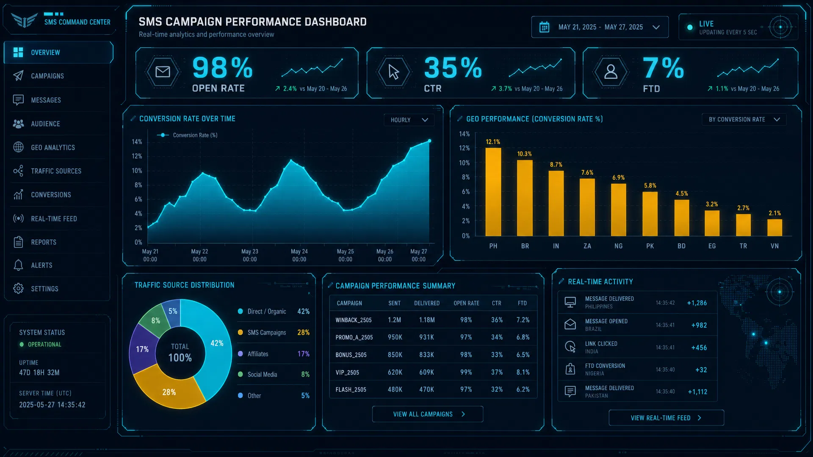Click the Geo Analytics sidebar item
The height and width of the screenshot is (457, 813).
[53, 147]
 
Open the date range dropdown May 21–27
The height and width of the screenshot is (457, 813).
[600, 27]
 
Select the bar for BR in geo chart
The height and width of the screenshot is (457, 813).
[525, 198]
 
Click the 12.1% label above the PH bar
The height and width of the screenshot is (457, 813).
[493, 142]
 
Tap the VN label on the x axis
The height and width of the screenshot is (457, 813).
[774, 246]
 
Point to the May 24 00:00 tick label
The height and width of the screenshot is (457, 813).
[299, 255]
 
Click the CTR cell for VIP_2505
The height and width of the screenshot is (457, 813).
[497, 372]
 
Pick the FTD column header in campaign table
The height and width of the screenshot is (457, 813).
[522, 303]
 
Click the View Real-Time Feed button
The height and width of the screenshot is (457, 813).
[666, 418]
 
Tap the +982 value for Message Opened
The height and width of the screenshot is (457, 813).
[699, 325]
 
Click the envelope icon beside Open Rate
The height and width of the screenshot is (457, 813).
[163, 72]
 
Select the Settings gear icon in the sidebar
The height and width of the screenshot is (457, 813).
[18, 289]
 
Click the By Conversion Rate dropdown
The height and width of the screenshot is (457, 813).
[744, 119]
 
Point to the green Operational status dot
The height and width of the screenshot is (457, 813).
[22, 344]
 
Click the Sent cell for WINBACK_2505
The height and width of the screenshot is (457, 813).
[394, 320]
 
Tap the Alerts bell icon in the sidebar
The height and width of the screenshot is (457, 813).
[18, 265]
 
